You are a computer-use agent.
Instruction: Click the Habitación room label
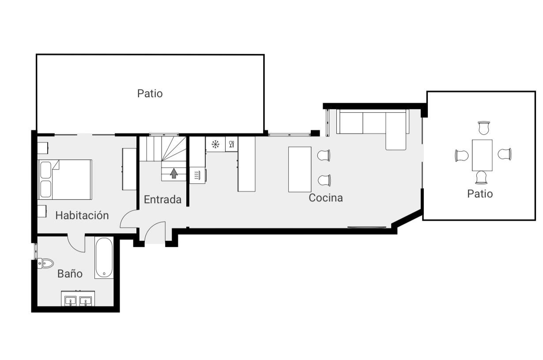click(x=82, y=216)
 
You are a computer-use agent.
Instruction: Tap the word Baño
click(x=70, y=274)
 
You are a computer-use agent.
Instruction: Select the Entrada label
click(x=162, y=200)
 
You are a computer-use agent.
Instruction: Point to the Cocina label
click(x=325, y=198)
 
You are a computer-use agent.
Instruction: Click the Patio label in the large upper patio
click(x=150, y=94)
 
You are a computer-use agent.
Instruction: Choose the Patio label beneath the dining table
click(x=480, y=193)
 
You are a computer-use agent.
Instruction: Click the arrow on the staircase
click(x=173, y=174)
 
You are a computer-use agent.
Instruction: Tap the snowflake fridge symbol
click(x=215, y=144)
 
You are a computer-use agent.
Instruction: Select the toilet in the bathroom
click(x=45, y=263)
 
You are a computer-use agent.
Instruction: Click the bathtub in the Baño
click(x=104, y=258)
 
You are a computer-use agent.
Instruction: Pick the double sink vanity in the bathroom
click(x=77, y=300)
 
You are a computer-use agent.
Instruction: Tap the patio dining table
click(x=482, y=155)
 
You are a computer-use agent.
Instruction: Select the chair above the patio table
click(x=484, y=128)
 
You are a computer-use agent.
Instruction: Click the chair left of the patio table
click(x=462, y=155)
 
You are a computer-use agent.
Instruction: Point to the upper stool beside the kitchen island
click(x=324, y=155)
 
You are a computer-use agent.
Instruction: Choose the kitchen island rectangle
click(x=300, y=169)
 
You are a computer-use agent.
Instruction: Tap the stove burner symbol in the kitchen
click(x=197, y=175)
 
